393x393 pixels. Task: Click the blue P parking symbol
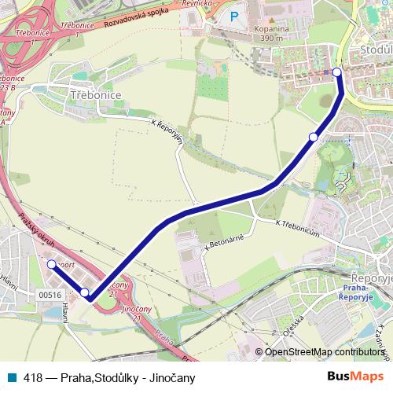233,16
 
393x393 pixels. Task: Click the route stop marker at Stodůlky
337,72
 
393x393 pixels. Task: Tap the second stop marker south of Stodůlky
313,138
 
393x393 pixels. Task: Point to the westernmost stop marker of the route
51,265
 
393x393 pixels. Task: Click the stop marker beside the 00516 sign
85,292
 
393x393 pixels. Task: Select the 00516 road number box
49,294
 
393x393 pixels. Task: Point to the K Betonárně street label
223,244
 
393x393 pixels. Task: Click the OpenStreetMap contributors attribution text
324,352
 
